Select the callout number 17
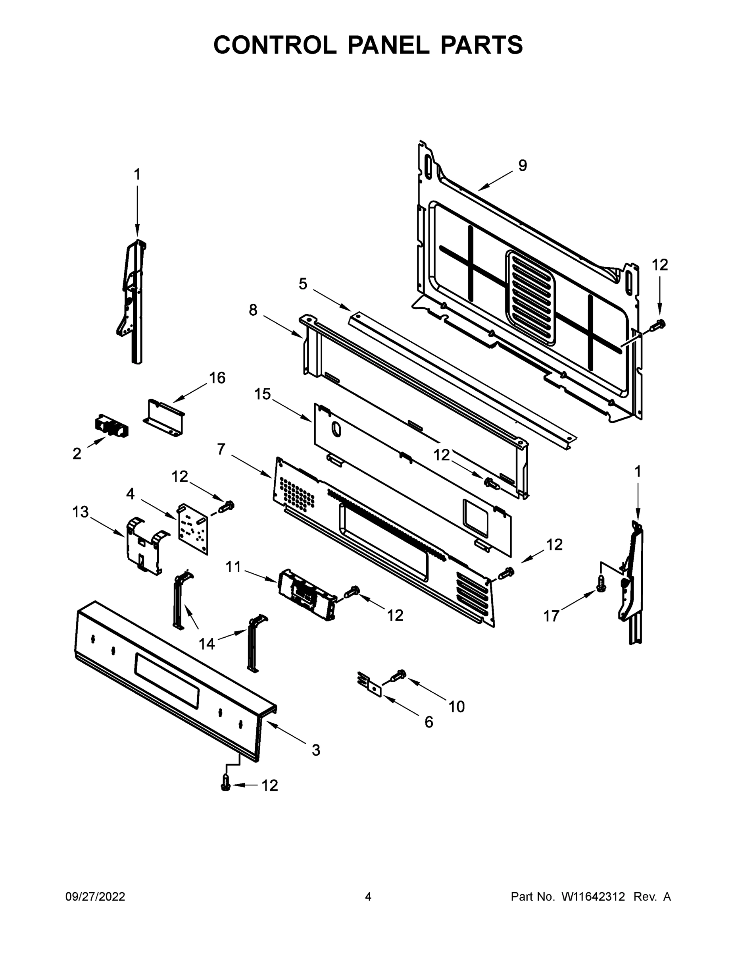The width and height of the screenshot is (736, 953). [551, 616]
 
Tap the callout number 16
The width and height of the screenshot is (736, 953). [217, 378]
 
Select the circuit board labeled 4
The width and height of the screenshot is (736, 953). [192, 529]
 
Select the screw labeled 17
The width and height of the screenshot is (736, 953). [601, 584]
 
